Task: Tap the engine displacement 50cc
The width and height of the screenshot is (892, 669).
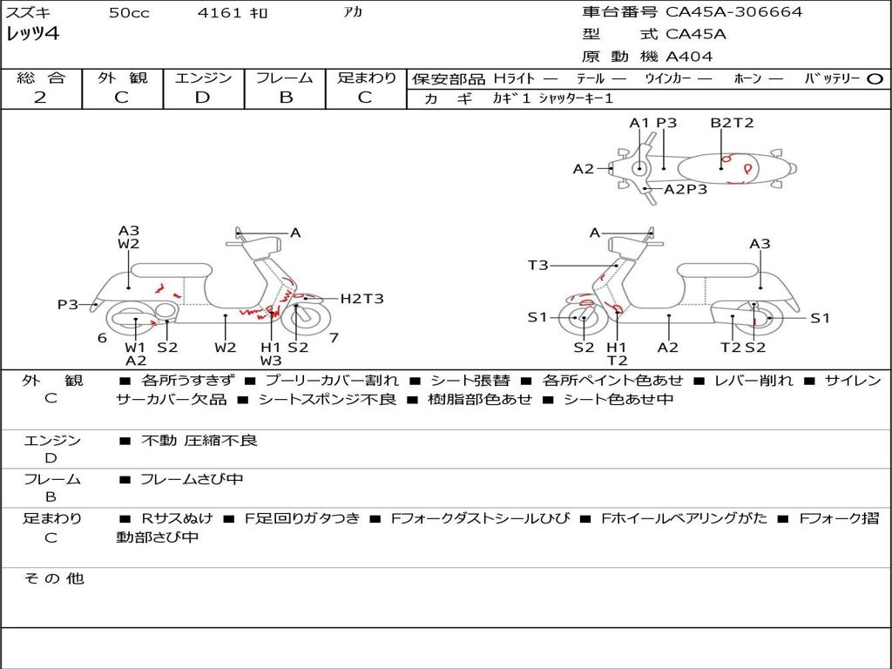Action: (x=129, y=13)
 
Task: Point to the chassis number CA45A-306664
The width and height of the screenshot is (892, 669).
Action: (x=733, y=12)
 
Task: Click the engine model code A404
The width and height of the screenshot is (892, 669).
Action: (x=689, y=57)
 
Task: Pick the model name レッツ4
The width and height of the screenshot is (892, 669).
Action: (x=32, y=35)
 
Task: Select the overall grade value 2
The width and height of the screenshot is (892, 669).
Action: (x=40, y=98)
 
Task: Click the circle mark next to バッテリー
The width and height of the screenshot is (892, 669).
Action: (x=875, y=78)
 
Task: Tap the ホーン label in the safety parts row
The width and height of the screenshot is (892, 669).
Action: (x=747, y=78)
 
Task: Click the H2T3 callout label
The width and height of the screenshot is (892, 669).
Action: (x=362, y=299)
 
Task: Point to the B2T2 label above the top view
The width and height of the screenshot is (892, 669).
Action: (x=732, y=123)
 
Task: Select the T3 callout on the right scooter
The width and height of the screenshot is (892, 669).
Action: (x=537, y=265)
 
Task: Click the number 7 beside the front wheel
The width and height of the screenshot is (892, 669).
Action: (x=334, y=337)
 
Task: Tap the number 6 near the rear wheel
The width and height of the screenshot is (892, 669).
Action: (x=102, y=338)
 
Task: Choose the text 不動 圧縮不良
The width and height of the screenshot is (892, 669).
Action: (x=199, y=441)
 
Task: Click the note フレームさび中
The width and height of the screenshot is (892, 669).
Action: (x=192, y=479)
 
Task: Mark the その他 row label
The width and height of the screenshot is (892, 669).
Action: (x=53, y=578)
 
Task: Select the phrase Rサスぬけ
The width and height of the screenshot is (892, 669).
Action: (x=179, y=518)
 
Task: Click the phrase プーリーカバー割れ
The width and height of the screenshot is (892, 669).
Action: (x=331, y=381)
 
